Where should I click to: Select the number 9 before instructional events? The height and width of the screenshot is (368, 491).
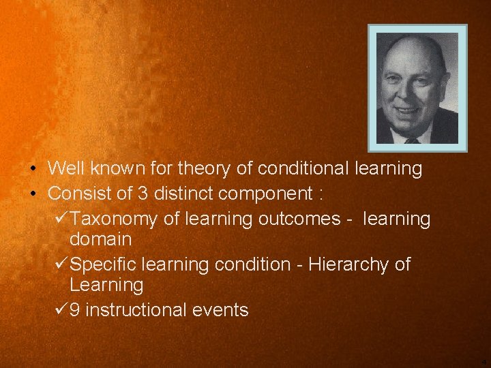point(75,310)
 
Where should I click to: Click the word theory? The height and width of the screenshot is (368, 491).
point(207,168)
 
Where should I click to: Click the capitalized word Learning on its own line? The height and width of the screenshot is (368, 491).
point(106,285)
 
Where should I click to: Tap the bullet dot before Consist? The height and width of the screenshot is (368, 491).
point(33,194)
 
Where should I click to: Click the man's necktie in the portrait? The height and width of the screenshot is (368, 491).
point(412,140)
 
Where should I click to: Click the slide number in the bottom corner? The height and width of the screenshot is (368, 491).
point(483,362)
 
